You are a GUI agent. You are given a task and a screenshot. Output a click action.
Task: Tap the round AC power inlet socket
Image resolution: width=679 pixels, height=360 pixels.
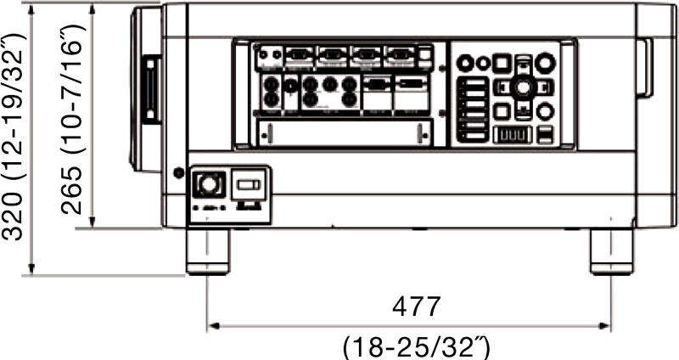tap(209, 183)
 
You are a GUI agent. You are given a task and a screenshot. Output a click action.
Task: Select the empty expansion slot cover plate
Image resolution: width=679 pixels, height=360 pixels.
tap(343, 132)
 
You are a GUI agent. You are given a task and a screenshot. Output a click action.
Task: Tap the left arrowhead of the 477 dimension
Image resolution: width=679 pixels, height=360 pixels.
tap(212, 324)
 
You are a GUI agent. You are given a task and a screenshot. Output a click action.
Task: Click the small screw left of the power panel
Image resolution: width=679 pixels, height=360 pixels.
tap(177, 173)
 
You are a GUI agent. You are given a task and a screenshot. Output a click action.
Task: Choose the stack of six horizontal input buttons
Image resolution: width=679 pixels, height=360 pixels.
tap(473, 110)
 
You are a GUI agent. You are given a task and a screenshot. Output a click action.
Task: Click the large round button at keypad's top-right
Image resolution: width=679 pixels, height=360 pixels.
tap(546, 61)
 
